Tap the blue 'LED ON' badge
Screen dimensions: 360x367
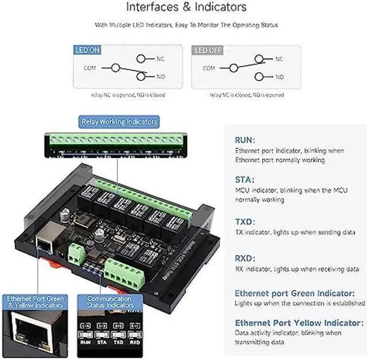88,50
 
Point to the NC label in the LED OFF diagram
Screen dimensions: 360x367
279,58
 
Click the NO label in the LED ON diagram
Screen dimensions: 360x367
161,77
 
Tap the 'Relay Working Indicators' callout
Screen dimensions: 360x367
119,122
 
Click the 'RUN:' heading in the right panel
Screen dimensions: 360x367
245,140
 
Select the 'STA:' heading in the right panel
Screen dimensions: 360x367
244,179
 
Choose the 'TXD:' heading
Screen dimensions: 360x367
245,221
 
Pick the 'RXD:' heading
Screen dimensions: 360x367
245,258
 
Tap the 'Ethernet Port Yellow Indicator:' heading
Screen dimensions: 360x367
299,322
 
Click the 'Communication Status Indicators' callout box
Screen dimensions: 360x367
110,302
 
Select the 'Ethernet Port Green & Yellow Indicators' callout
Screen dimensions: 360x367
36,302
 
